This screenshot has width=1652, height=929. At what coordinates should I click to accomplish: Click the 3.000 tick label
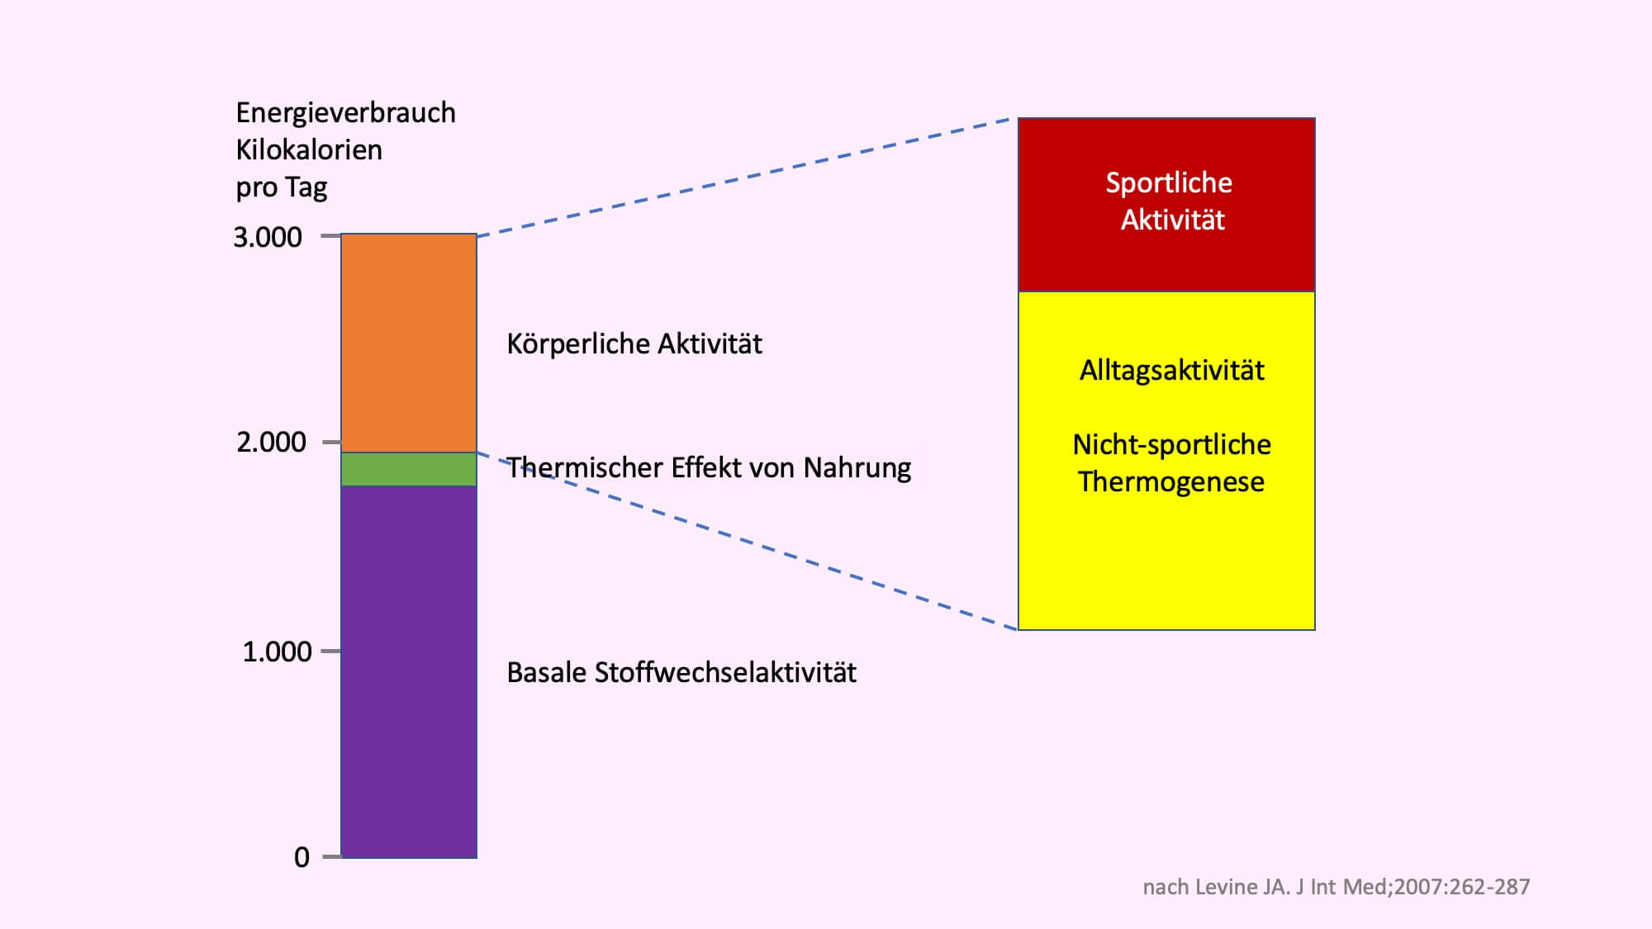click(x=268, y=237)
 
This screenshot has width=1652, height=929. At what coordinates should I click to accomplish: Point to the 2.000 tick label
click(x=271, y=442)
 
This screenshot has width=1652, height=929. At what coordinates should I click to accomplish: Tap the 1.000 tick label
click(x=277, y=652)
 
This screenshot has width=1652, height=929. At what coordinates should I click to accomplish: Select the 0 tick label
click(x=302, y=857)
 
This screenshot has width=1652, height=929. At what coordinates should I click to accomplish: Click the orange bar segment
click(x=409, y=343)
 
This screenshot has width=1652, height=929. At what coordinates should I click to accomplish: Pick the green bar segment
click(x=409, y=469)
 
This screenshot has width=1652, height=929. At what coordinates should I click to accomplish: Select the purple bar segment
click(x=409, y=672)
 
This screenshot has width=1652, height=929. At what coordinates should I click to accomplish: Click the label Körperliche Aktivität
click(x=634, y=344)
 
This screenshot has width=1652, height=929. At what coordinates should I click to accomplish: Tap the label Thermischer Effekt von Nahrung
click(x=709, y=467)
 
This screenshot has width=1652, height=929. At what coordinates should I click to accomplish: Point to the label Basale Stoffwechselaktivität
click(x=681, y=672)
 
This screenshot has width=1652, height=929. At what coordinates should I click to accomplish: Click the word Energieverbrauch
click(x=345, y=113)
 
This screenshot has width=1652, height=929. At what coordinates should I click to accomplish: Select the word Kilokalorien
click(x=309, y=149)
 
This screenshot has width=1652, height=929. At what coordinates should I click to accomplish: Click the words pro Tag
click(x=282, y=187)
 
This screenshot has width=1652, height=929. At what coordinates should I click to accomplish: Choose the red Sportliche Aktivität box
click(x=1166, y=205)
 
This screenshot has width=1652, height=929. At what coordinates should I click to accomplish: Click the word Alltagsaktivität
click(x=1172, y=370)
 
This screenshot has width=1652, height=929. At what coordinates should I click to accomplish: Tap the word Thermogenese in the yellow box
click(x=1171, y=481)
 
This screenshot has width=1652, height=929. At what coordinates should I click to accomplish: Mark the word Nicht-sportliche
click(x=1172, y=444)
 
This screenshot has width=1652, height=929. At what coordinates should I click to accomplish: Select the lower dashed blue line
click(x=748, y=541)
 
